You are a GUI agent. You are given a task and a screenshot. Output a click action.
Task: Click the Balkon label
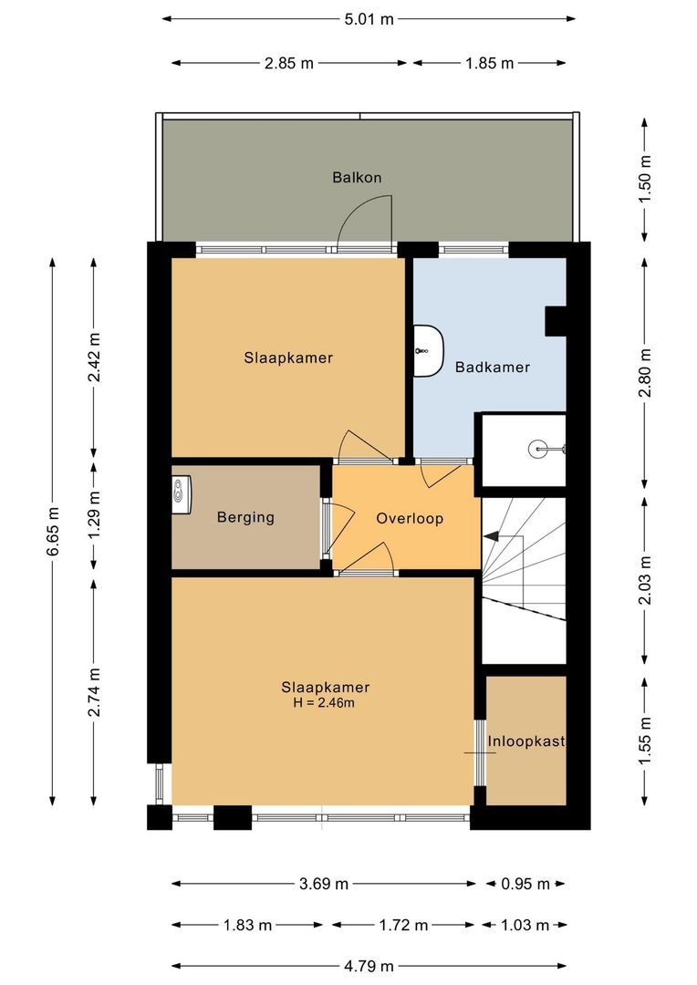coord(356,177)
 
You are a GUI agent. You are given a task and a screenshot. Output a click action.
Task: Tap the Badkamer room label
coord(493,368)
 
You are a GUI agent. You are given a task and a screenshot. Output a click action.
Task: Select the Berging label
coord(245,518)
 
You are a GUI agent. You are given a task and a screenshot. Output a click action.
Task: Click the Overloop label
coord(410,519)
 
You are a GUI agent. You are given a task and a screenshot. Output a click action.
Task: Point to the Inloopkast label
coord(525,741)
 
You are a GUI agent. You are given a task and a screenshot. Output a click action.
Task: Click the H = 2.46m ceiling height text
coord(325,703)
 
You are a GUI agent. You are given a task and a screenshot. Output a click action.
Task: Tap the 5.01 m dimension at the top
coord(369,19)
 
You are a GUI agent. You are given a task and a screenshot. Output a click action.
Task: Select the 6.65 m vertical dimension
coord(52,531)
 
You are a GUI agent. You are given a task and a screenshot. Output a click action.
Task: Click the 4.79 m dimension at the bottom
coord(369,966)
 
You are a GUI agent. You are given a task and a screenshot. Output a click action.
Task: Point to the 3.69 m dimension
coord(323,884)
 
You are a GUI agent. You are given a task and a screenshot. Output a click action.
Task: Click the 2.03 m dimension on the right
coord(646,581)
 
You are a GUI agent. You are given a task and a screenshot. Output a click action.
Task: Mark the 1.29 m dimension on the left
coord(95,518)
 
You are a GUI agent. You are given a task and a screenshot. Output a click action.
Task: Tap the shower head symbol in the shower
coord(544,449)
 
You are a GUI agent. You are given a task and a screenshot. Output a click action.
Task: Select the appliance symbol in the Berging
coord(184,493)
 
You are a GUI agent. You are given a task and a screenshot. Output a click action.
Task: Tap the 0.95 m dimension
coord(525,884)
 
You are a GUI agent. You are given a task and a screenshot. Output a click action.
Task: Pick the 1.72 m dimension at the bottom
coord(402,926)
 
